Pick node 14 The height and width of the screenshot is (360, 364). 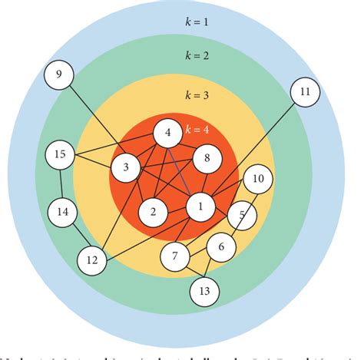coord(63,210)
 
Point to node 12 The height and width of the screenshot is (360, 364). coord(92,260)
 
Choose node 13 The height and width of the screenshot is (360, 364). coord(204,291)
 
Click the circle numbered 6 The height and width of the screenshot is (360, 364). coord(221,246)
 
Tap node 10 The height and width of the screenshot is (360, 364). coord(258,180)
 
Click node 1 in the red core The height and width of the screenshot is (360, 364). coord(200,206)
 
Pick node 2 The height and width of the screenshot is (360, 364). coord(154,211)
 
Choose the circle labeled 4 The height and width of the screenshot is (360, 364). coord(167,133)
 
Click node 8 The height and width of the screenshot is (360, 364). coord(207,159)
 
